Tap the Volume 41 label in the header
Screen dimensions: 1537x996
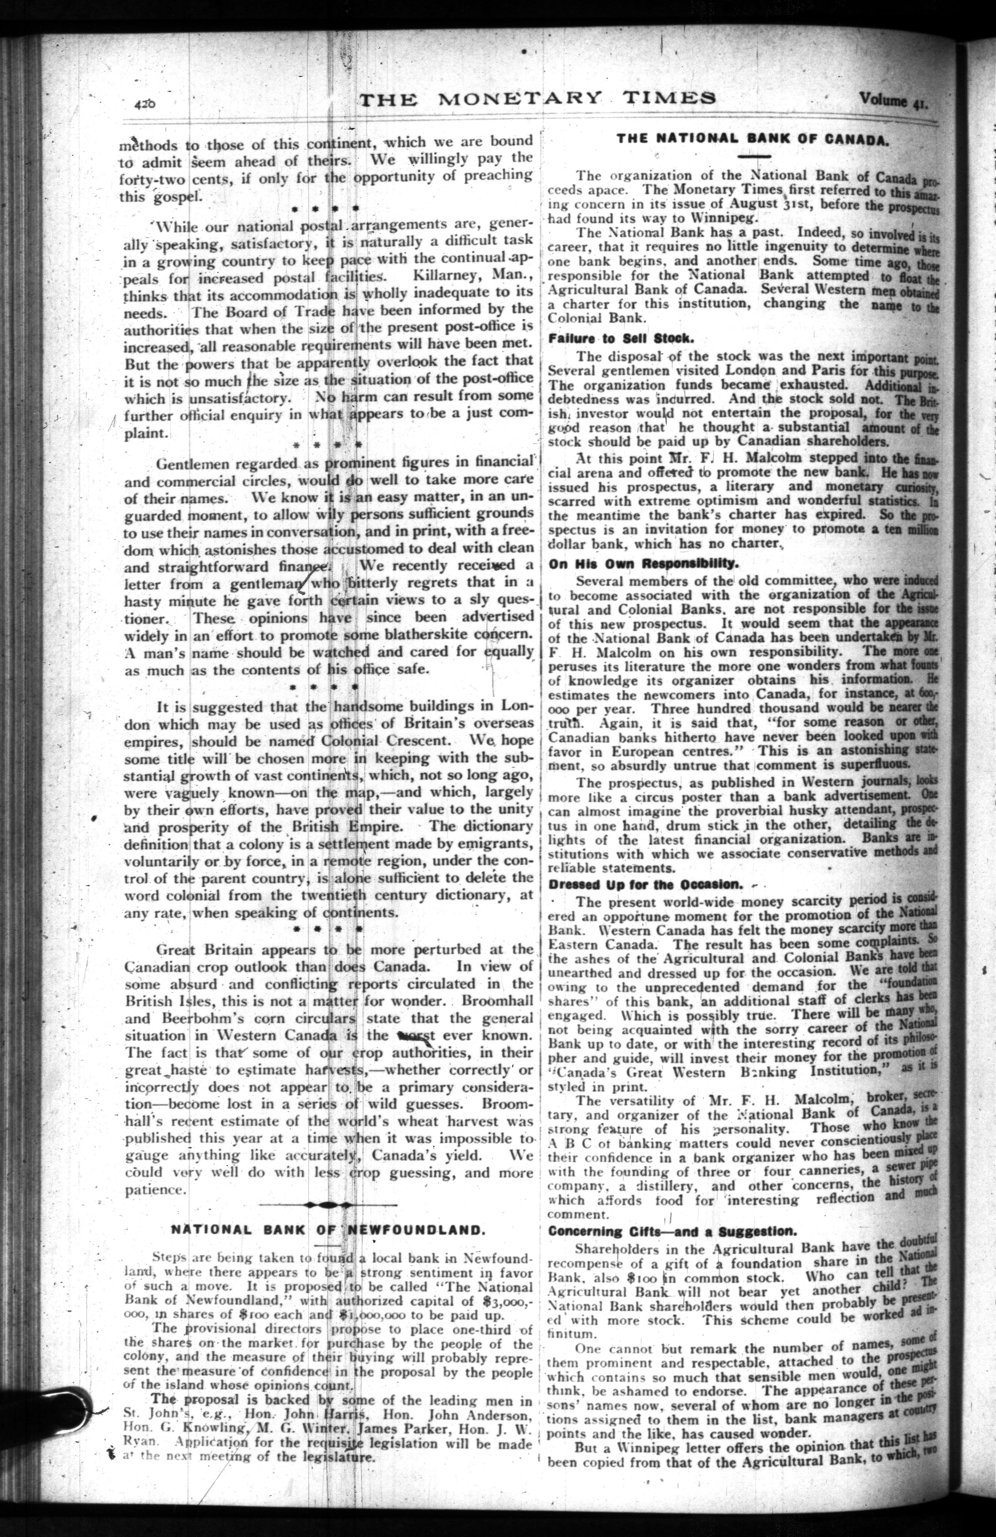[x=893, y=100]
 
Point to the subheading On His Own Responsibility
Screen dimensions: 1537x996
[x=643, y=563]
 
